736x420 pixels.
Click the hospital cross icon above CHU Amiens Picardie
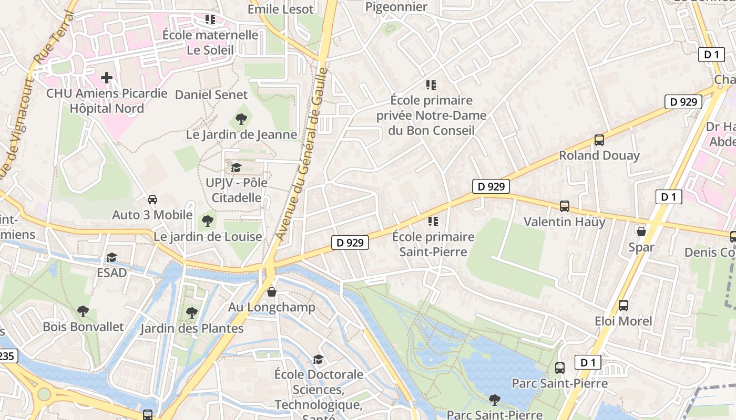(107, 78)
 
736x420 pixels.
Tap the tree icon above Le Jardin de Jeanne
(241, 119)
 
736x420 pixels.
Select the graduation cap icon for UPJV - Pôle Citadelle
(236, 167)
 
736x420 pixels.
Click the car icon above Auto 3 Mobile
(152, 199)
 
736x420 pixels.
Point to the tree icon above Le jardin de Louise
(208, 220)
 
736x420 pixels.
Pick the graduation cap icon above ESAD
(111, 257)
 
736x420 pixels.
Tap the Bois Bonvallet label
(83, 327)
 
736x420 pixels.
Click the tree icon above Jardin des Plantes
(192, 313)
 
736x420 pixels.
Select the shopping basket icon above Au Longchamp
(272, 292)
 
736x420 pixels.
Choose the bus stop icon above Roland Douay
(599, 140)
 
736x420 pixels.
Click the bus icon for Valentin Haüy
(565, 206)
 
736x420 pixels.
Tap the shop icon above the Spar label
(641, 232)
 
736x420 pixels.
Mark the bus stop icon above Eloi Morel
(623, 306)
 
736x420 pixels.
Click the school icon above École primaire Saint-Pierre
(433, 222)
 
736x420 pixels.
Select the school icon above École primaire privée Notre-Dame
(431, 85)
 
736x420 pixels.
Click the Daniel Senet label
(211, 95)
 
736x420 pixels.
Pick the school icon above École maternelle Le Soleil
(210, 19)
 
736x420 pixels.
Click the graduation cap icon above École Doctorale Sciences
(318, 359)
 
